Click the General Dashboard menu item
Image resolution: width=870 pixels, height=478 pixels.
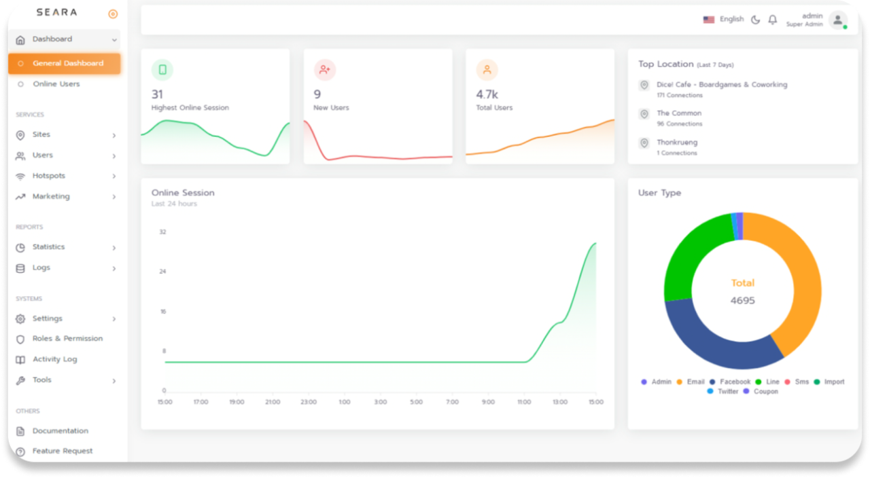[x=68, y=63]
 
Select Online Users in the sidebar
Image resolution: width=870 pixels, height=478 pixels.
[x=56, y=84]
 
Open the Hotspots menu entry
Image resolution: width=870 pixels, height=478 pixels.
[x=49, y=176]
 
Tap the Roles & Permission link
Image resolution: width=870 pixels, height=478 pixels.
[x=67, y=339]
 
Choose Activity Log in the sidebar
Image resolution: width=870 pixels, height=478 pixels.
[x=54, y=359]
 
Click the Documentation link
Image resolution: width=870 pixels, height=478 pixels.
[x=60, y=430]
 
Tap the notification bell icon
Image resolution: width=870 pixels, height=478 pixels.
[x=772, y=20]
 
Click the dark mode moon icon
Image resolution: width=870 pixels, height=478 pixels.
[x=755, y=20]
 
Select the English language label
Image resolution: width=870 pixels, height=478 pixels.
[x=731, y=19]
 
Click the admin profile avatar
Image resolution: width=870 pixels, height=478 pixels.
[x=837, y=20]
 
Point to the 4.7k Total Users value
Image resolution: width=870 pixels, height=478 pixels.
[x=487, y=94]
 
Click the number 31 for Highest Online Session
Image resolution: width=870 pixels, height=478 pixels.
[x=157, y=94]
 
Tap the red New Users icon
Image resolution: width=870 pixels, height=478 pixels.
[x=324, y=69]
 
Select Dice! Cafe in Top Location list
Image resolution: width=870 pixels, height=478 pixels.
[x=721, y=85]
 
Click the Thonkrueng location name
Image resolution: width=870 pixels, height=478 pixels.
[x=676, y=143]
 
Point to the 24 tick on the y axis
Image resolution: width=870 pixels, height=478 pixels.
[x=162, y=272]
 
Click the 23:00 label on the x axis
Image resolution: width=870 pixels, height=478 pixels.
[x=309, y=402]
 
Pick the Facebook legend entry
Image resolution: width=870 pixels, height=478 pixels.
[x=735, y=382]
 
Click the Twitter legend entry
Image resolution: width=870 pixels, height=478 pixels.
[x=727, y=391]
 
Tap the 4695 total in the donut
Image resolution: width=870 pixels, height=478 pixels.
[x=742, y=300]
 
